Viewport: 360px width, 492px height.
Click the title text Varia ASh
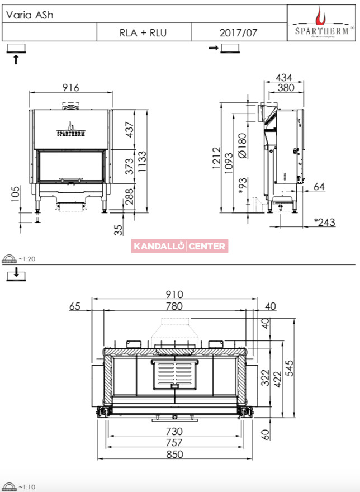coord(30,15)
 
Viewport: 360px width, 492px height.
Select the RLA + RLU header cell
coord(144,32)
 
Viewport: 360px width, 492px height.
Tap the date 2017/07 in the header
coord(238,32)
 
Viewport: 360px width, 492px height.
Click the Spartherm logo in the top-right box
coord(321,22)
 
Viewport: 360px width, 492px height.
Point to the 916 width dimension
coord(70,87)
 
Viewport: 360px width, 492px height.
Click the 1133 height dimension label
coord(142,161)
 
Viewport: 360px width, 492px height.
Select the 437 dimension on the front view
coord(129,130)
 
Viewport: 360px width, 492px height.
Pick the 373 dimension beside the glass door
coord(129,166)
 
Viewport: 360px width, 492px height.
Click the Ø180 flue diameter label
coord(242,145)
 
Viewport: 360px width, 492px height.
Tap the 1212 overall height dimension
coord(216,158)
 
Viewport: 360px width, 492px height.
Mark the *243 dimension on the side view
coord(325,222)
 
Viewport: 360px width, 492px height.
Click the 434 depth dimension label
coord(284,77)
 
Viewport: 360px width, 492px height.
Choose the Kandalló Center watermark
coord(179,246)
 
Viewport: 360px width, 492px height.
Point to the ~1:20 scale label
coord(27,259)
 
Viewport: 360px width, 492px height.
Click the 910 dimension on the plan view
coord(174,294)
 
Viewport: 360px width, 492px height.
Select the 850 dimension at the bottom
coord(174,454)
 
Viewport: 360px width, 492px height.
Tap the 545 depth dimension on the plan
coord(290,368)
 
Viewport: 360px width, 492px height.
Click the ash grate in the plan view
coord(175,375)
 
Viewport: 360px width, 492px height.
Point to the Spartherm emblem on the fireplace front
coord(71,129)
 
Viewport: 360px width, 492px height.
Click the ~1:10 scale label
coord(27,487)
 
